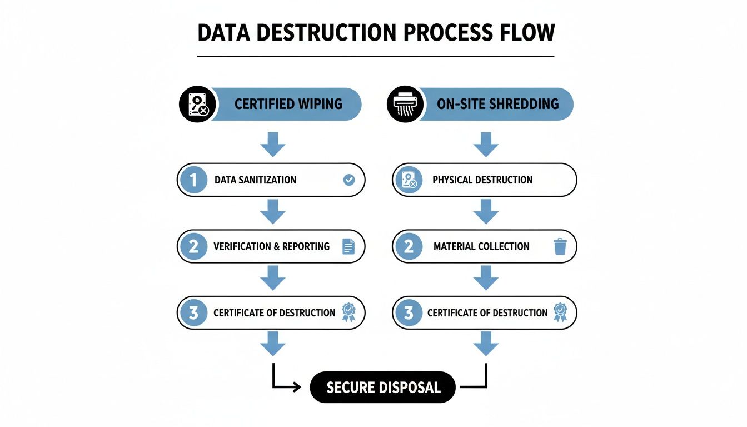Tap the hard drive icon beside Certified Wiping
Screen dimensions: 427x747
[197, 104]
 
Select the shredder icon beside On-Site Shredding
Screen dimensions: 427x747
[405, 104]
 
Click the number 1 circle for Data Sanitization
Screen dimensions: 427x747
[193, 180]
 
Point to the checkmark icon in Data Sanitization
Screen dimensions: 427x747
[349, 180]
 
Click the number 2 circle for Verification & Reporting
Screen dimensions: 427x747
[193, 246]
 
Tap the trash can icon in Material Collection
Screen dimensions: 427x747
[560, 246]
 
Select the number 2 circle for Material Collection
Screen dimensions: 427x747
[409, 246]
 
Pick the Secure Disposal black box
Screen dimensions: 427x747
[383, 387]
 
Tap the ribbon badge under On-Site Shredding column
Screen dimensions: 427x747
[560, 313]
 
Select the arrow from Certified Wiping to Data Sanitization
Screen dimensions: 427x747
[272, 145]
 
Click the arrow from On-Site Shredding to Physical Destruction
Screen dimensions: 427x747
[486, 145]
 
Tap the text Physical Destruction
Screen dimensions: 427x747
[482, 180]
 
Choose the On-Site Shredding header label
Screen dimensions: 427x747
[497, 104]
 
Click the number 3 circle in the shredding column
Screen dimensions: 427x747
[409, 313]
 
